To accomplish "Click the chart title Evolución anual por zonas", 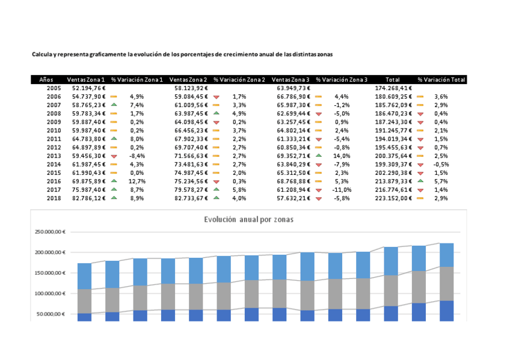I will [x=248, y=219].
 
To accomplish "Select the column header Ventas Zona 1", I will [x=86, y=79].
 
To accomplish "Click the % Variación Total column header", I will [x=441, y=79].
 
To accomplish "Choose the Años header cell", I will [x=46, y=79].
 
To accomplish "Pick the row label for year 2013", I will [x=54, y=155].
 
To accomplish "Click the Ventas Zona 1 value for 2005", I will [x=88, y=88].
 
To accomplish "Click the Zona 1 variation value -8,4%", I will [x=137, y=155].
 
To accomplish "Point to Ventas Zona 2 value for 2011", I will [x=191, y=138].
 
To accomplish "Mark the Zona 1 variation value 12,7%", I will [x=137, y=181].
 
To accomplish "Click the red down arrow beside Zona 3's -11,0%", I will [x=319, y=189].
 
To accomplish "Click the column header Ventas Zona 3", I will [x=290, y=79].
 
